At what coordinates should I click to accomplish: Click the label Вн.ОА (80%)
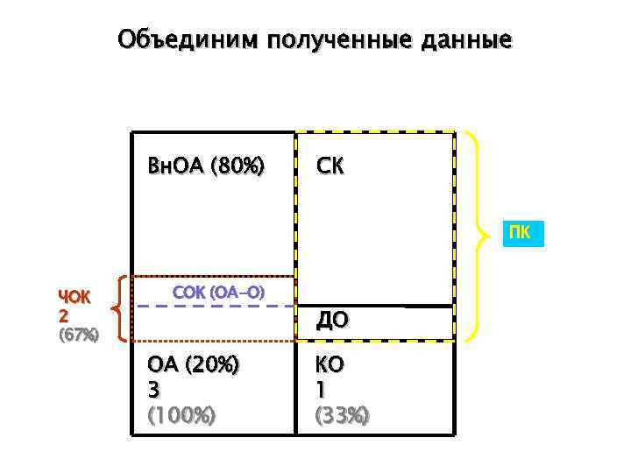(x=206, y=166)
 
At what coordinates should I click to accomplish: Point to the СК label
(x=331, y=166)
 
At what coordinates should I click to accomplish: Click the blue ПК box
(x=520, y=234)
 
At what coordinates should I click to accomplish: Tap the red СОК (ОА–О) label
(x=219, y=291)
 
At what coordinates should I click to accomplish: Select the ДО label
(x=333, y=321)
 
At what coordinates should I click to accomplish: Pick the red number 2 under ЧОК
(x=63, y=314)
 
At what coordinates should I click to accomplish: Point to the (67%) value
(x=78, y=334)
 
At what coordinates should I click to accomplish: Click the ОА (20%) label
(x=193, y=365)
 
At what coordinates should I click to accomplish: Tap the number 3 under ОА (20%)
(x=154, y=390)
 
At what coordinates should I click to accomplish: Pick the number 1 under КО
(x=322, y=390)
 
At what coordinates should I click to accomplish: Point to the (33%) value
(x=342, y=414)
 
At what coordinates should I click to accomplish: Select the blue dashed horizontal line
(x=215, y=307)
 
